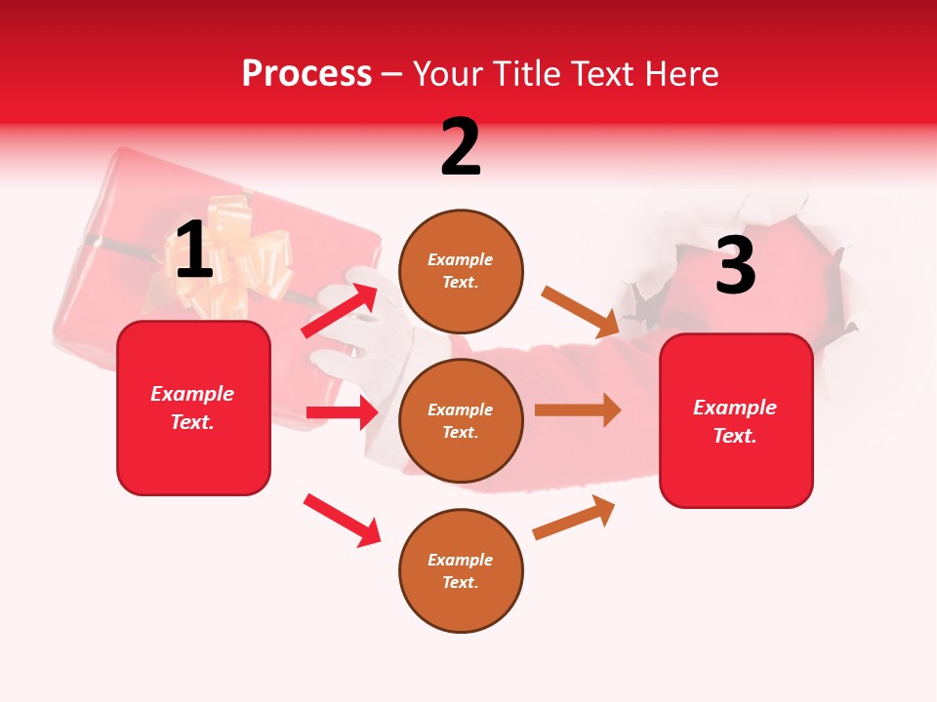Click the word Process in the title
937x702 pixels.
click(x=306, y=74)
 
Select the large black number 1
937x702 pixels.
click(x=194, y=251)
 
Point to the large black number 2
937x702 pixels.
click(x=461, y=147)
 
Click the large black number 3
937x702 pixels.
click(x=735, y=265)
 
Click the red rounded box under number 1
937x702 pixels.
click(x=193, y=408)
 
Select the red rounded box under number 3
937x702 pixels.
click(x=736, y=420)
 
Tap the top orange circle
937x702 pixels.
click(x=461, y=271)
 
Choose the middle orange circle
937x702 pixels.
click(x=461, y=420)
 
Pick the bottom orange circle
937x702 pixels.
click(x=461, y=570)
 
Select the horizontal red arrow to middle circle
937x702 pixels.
click(x=342, y=412)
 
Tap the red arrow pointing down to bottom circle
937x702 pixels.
click(x=342, y=520)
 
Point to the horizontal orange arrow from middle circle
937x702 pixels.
click(x=578, y=409)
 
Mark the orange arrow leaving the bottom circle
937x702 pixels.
click(x=574, y=518)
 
